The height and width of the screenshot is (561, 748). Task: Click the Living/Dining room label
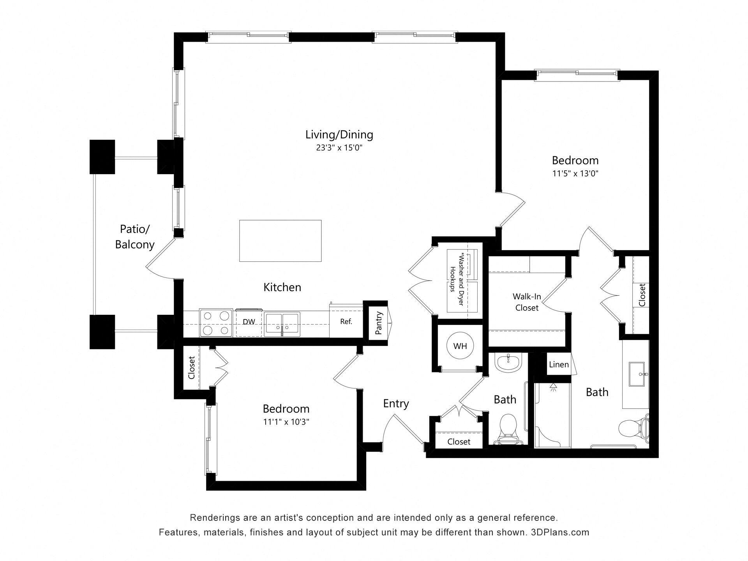(339, 135)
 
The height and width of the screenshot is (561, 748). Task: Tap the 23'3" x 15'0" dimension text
(339, 148)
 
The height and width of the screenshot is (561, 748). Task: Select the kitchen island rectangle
(280, 241)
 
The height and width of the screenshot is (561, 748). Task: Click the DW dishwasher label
(249, 322)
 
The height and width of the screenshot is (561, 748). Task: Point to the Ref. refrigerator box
(346, 322)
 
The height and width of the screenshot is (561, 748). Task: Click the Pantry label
(379, 323)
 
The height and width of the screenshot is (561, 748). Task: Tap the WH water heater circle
(460, 346)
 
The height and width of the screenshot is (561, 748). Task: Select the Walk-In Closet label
(527, 302)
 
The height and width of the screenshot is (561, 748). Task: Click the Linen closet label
(559, 365)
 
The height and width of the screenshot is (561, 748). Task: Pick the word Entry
(396, 404)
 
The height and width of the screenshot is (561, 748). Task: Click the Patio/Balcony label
(134, 236)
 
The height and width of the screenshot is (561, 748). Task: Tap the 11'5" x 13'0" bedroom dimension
(575, 174)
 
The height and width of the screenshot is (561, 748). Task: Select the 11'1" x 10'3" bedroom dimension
(286, 422)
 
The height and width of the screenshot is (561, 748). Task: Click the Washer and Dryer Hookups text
(457, 278)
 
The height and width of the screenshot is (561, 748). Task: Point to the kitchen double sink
(282, 324)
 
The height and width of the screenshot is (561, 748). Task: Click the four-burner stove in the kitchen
(216, 323)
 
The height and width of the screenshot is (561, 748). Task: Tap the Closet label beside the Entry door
(459, 442)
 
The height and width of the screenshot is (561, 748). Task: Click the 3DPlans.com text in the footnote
(560, 533)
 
